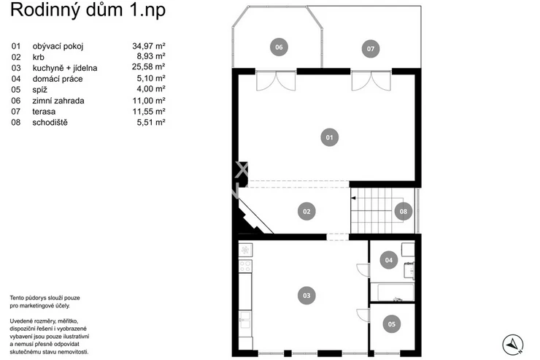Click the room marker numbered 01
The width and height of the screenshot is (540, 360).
click(330, 137)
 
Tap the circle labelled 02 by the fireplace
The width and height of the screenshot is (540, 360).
click(306, 212)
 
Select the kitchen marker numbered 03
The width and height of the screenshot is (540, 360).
click(306, 296)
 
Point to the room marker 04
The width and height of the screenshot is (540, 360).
click(389, 260)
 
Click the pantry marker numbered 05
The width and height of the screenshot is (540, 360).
click(392, 324)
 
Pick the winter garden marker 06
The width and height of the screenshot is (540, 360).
click(279, 47)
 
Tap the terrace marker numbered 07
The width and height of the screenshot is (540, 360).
click(371, 49)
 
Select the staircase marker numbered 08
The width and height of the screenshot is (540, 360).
click(404, 212)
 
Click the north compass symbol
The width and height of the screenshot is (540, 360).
click(513, 345)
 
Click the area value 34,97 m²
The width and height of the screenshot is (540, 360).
click(149, 46)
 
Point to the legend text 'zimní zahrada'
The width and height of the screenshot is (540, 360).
click(58, 101)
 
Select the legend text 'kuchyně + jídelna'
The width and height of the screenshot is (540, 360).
click(65, 68)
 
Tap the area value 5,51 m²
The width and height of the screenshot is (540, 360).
click(151, 122)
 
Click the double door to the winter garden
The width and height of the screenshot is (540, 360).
click(276, 81)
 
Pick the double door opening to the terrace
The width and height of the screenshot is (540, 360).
click(371, 81)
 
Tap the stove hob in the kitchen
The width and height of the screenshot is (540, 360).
click(245, 266)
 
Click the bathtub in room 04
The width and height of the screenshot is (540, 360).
click(396, 293)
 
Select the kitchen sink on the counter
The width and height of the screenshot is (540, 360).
click(245, 320)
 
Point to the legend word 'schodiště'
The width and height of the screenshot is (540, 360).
click(50, 122)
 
